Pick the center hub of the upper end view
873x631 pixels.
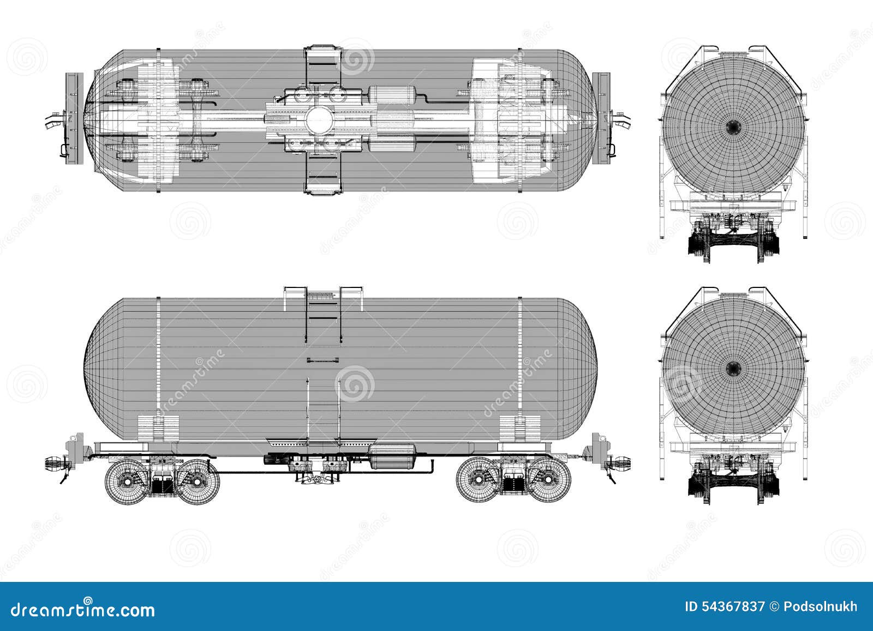[x=734, y=128]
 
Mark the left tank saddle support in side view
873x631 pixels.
[x=158, y=428]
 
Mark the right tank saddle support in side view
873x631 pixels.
[x=520, y=428]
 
